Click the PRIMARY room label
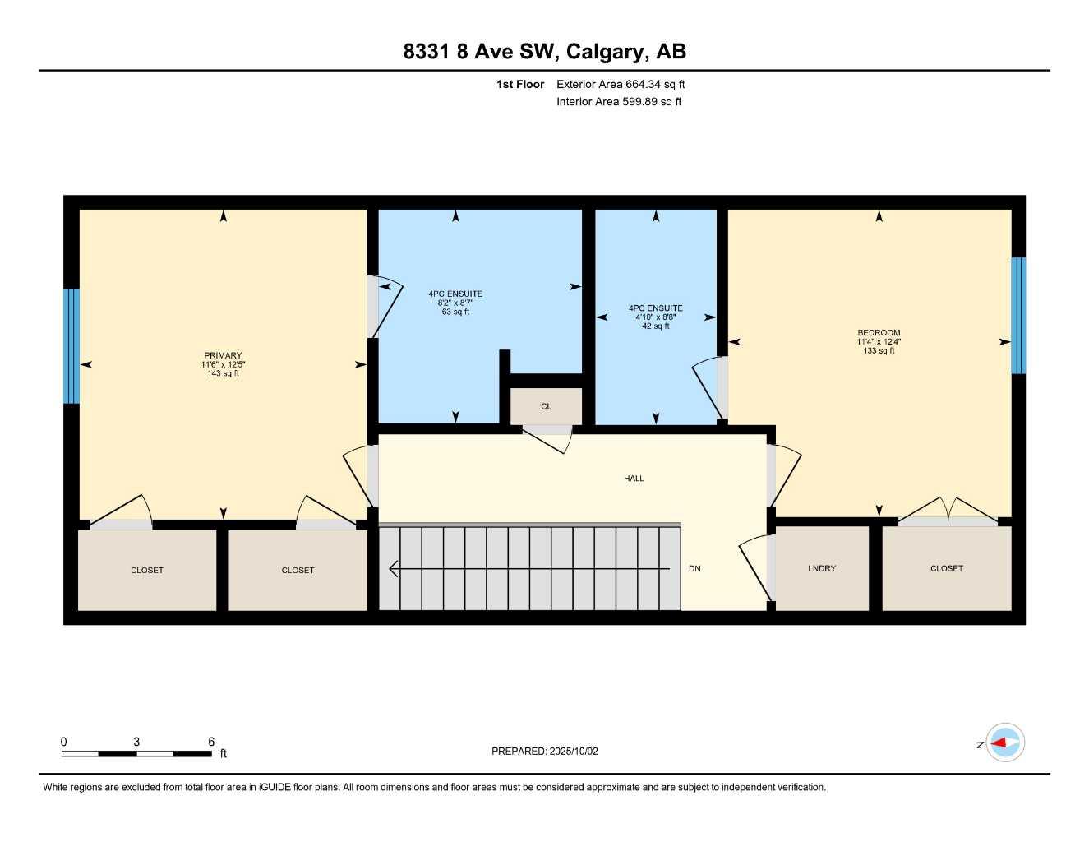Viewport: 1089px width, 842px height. coord(223,355)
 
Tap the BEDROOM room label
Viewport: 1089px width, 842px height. coord(879,332)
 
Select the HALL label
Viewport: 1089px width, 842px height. coord(634,478)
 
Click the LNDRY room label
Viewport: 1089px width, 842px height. coord(821,568)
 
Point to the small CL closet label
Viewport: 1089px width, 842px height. coord(546,406)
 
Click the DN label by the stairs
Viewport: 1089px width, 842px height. coord(694,568)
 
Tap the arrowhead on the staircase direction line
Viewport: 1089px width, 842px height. coord(394,569)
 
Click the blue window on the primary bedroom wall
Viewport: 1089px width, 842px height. coord(72,346)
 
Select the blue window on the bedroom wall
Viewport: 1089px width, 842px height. coord(1017,315)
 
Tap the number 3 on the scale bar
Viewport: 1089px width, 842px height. coord(136,742)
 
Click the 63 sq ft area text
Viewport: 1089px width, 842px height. coord(455,312)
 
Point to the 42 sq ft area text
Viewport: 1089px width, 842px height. coord(655,326)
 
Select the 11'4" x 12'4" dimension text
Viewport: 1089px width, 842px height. coord(879,342)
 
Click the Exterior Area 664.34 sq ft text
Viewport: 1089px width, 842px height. coord(621,84)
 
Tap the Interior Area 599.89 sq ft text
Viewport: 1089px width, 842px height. coord(619,102)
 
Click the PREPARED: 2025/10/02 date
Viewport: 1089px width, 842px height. coord(544,752)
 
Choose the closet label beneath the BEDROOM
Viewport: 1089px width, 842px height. coord(946,568)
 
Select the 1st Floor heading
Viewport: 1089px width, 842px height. coord(520,84)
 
